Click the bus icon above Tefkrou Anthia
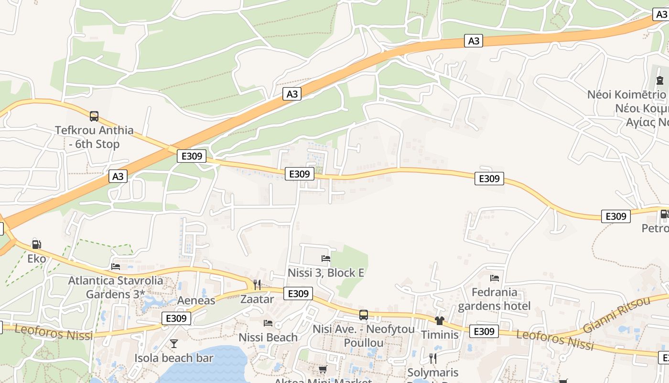tap(94, 116)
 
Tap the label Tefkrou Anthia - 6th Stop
tap(94, 137)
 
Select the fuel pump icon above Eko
tap(36, 245)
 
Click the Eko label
tap(36, 259)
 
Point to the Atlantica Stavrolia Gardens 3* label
tap(115, 287)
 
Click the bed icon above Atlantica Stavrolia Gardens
tap(115, 266)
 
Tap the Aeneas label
tap(196, 301)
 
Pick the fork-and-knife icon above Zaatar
tap(257, 285)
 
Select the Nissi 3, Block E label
tap(326, 273)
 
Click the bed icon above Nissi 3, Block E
tap(326, 259)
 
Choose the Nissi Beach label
tap(268, 338)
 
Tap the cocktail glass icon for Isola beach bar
tap(173, 343)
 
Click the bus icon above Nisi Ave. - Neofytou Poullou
tap(364, 315)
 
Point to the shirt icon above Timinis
tap(440, 320)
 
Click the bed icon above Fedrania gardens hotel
tap(495, 278)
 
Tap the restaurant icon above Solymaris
tap(432, 358)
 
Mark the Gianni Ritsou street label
tap(616, 315)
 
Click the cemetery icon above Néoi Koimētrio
tap(660, 80)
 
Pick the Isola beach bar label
tap(173, 358)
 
